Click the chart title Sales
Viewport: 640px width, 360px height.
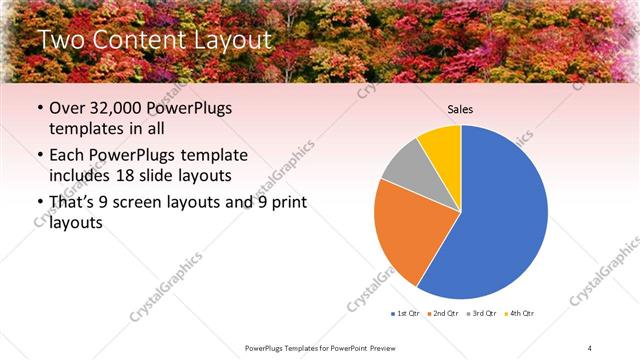(x=460, y=109)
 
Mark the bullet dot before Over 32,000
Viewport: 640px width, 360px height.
(x=38, y=109)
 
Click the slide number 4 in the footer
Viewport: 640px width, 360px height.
(x=590, y=347)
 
